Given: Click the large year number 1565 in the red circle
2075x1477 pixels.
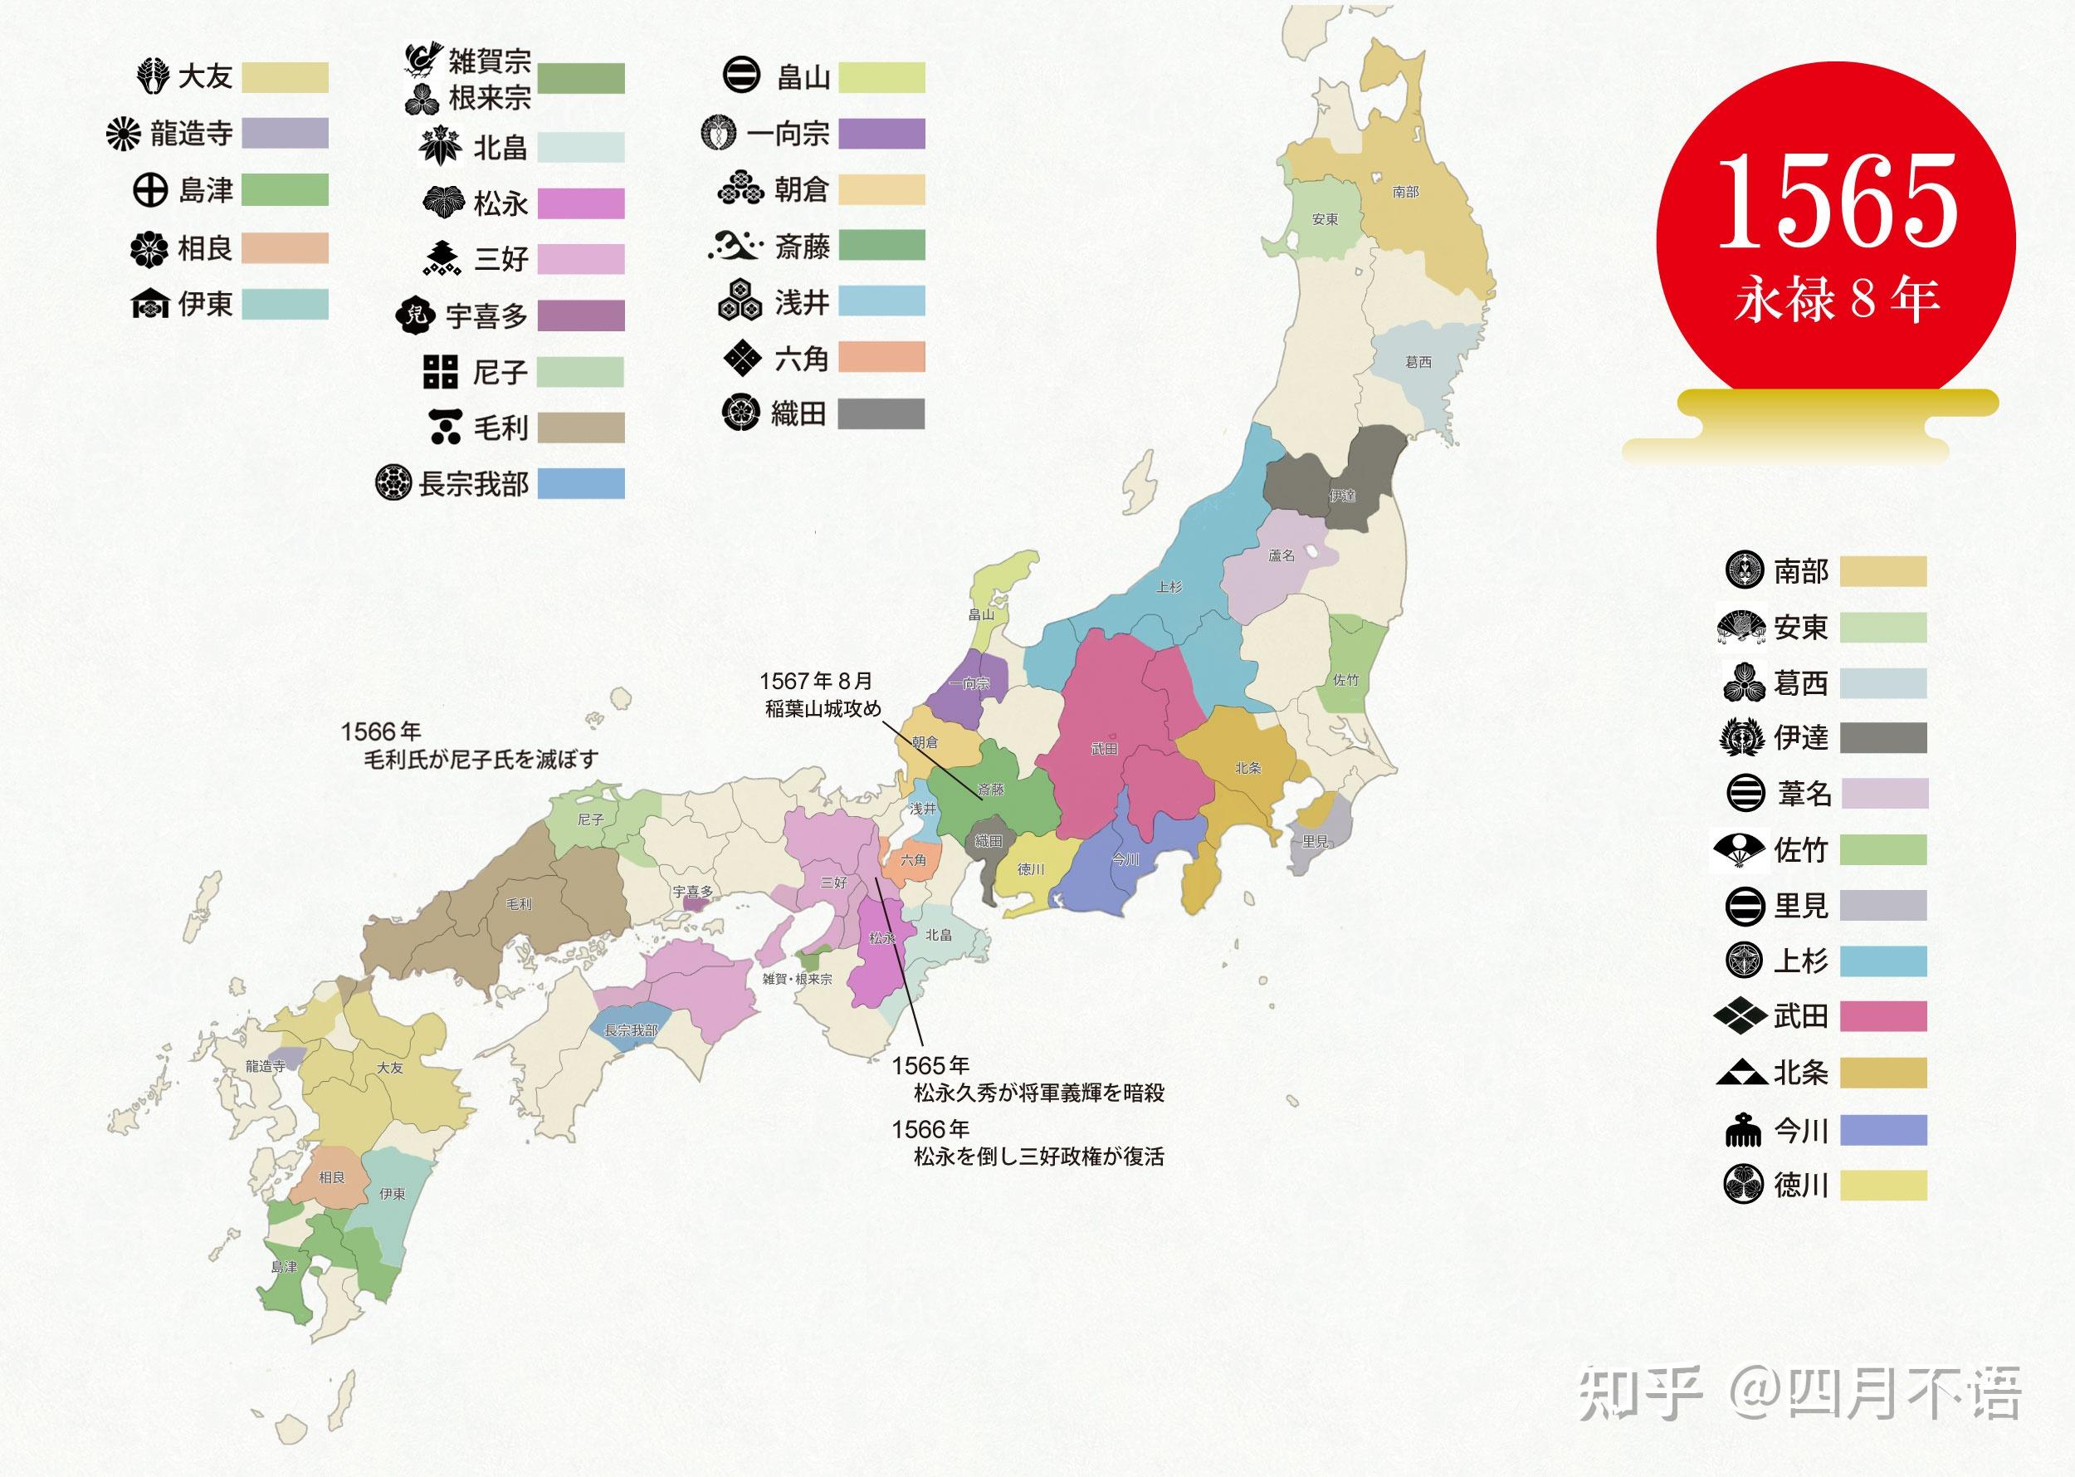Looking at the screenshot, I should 1837,201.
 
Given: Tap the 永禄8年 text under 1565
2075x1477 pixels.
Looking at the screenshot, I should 1837,300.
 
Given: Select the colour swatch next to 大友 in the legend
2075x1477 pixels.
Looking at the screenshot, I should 286,77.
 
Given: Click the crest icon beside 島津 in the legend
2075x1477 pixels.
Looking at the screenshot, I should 150,191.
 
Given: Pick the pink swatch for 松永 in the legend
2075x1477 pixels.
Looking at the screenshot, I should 580,203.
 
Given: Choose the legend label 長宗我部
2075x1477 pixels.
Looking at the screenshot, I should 473,484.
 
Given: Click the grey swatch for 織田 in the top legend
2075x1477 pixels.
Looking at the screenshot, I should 880,413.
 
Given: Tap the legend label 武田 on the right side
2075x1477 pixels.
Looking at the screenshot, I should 1800,1016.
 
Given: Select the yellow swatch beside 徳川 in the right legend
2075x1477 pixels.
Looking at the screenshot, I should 1882,1185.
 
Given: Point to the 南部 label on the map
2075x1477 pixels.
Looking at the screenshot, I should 1405,192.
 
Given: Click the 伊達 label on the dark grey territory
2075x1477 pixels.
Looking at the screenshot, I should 1342,496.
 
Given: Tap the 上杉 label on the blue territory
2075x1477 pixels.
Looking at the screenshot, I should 1169,587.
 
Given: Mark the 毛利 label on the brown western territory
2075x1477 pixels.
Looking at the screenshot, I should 518,904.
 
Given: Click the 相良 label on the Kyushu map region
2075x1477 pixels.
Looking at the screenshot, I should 332,1178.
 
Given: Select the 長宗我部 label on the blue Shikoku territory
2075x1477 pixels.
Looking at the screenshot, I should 631,1030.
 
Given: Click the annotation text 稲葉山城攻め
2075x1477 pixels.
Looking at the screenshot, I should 823,708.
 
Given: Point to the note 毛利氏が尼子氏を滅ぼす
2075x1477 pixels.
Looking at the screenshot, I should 481,760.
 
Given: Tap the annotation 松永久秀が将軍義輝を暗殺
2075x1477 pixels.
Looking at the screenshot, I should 1038,1093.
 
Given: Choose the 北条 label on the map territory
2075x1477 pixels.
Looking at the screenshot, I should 1247,768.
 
